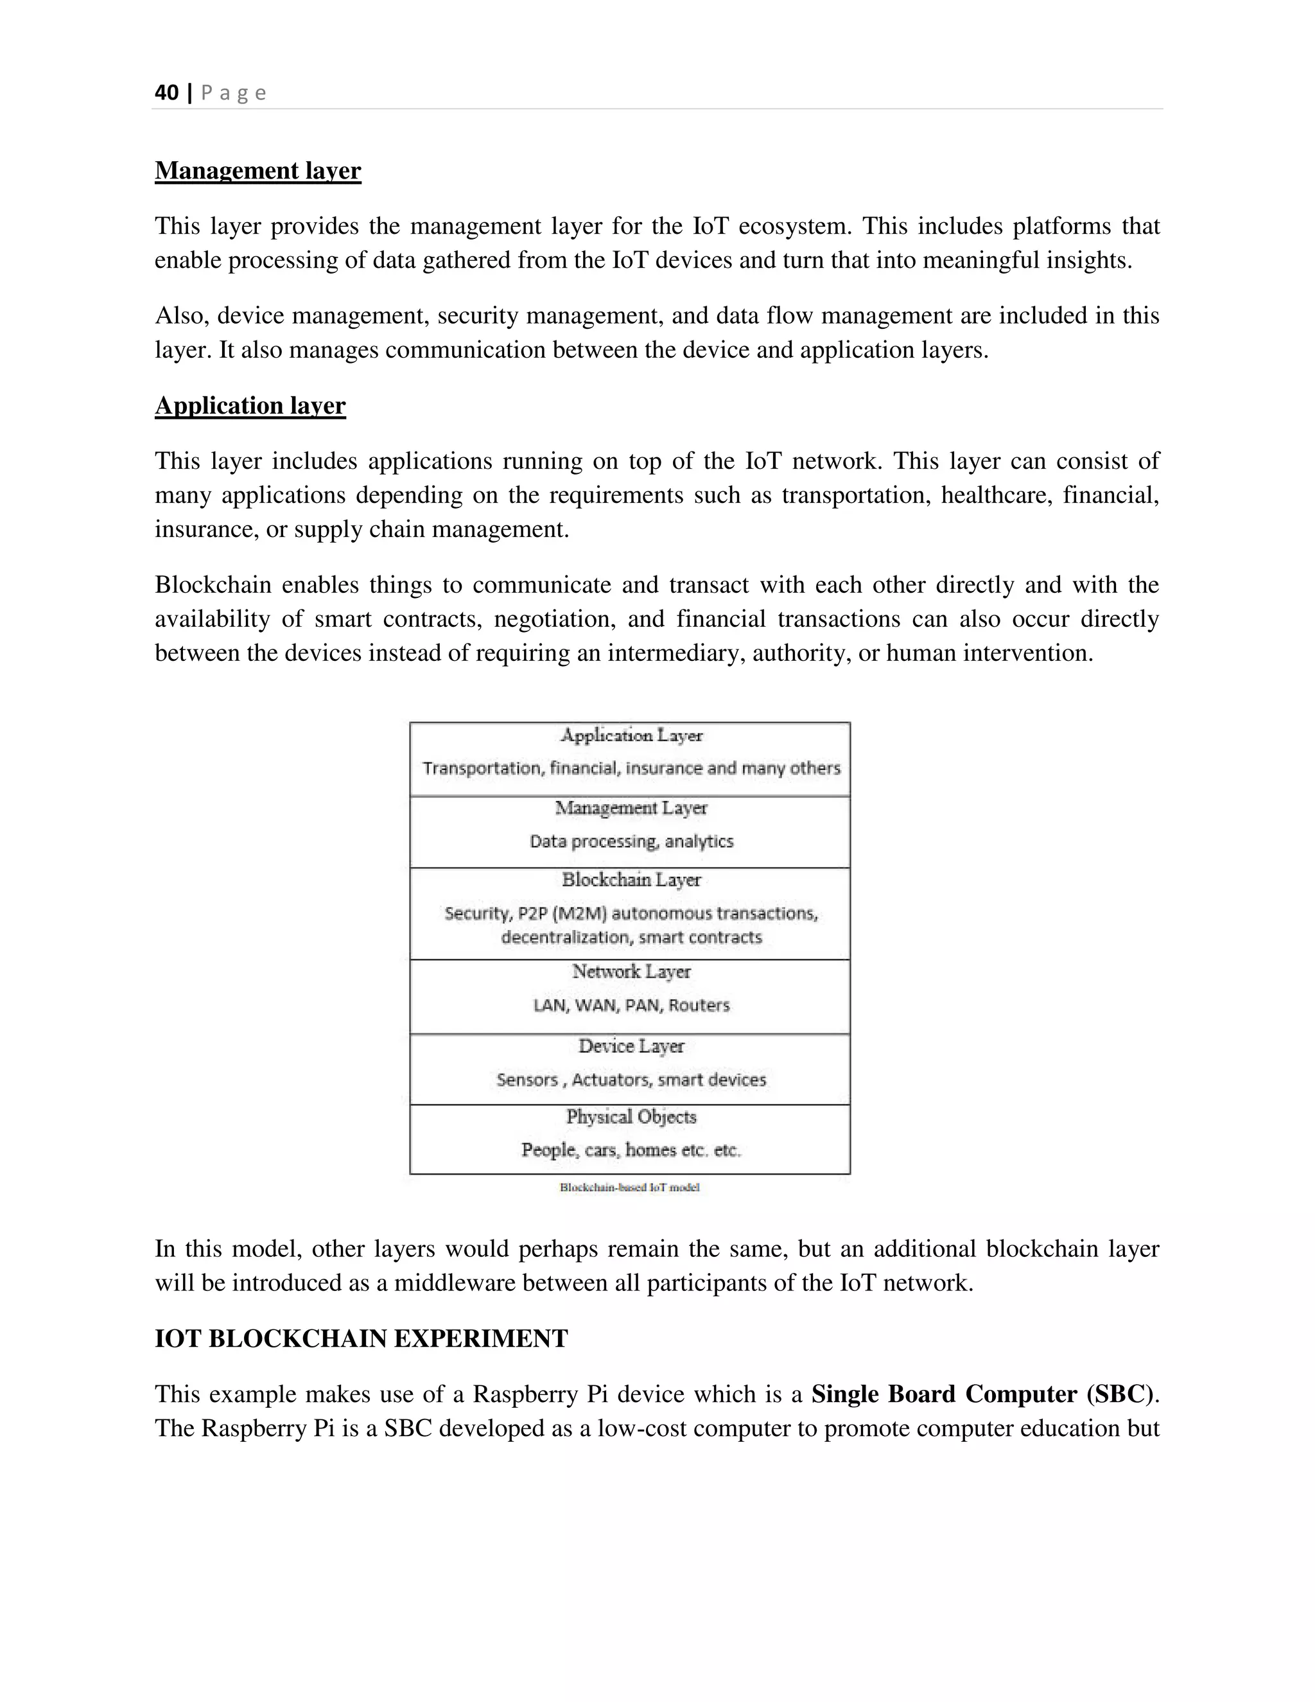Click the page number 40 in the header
[x=167, y=92]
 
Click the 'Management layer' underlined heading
[x=258, y=171]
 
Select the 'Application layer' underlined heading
[x=250, y=405]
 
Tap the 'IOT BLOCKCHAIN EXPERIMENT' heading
[x=361, y=1338]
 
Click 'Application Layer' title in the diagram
[x=631, y=735]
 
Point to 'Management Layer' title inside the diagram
[x=631, y=808]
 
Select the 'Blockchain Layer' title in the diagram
[x=631, y=880]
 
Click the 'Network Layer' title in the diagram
[x=631, y=971]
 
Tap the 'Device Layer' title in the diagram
[x=631, y=1046]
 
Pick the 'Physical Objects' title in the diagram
[x=631, y=1117]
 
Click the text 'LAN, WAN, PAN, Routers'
[x=631, y=1005]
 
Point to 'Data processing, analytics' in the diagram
[x=631, y=841]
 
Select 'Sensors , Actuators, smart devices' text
[x=631, y=1080]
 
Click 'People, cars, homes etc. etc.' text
[x=631, y=1150]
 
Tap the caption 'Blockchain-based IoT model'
[x=629, y=1188]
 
